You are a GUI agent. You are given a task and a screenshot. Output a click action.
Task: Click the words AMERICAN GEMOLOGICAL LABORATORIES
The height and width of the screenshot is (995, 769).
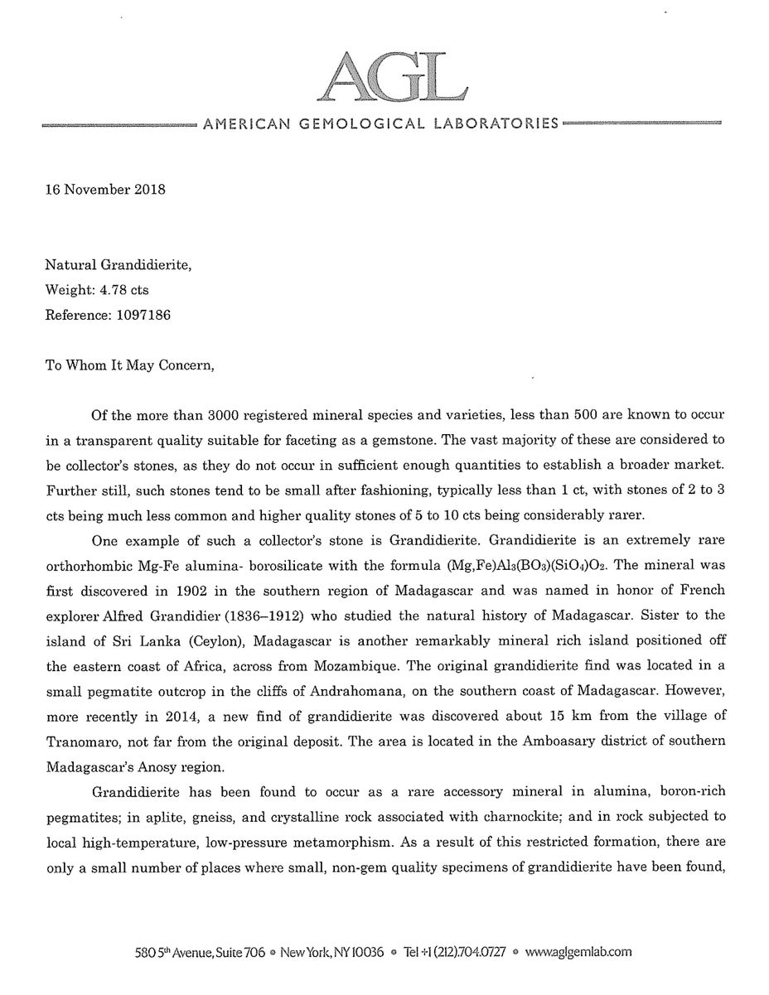pos(380,124)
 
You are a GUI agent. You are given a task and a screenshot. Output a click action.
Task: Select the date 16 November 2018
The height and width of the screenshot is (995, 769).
pos(105,189)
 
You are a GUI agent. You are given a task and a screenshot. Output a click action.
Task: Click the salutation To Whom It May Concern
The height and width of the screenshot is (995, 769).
pos(128,365)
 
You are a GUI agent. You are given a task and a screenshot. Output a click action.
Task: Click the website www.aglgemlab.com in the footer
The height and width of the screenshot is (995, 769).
pos(578,953)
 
